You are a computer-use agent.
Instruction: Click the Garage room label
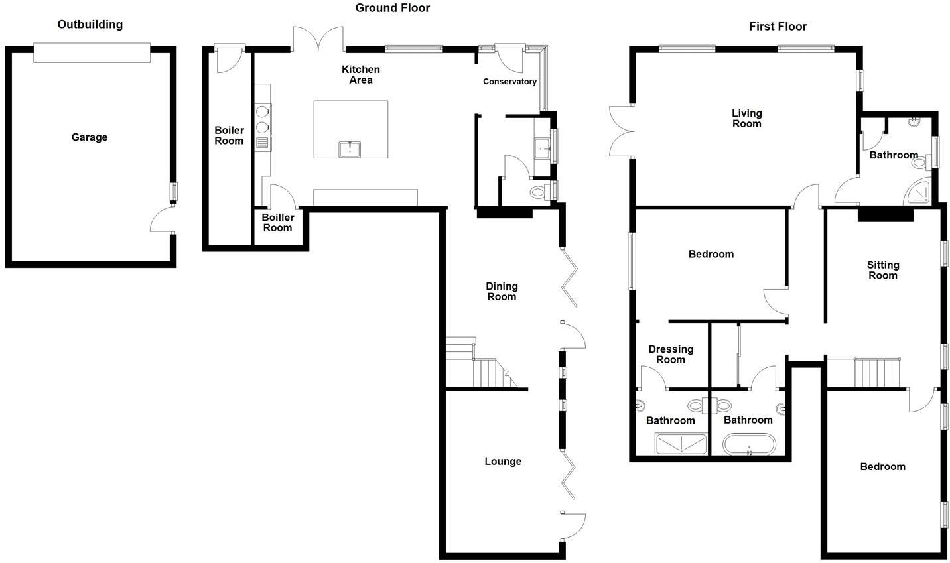(x=90, y=137)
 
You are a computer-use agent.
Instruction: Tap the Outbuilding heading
(x=90, y=25)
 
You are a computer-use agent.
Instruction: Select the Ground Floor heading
(x=393, y=8)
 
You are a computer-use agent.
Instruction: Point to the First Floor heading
(x=778, y=27)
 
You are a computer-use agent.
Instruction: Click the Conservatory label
(x=509, y=82)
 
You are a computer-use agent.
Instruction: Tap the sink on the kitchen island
(x=350, y=149)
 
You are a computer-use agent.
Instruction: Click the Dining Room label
(x=502, y=292)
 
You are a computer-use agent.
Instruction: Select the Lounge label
(x=503, y=461)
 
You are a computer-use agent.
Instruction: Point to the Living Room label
(x=747, y=119)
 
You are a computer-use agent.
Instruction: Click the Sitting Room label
(x=883, y=270)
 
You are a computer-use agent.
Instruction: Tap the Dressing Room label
(x=671, y=354)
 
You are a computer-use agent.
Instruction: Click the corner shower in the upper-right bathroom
(x=919, y=191)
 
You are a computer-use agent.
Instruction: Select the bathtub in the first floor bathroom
(x=748, y=444)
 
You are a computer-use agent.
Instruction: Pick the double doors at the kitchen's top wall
(x=318, y=38)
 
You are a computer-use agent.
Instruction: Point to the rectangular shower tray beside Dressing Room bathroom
(x=681, y=444)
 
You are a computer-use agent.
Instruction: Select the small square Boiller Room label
(x=277, y=223)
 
